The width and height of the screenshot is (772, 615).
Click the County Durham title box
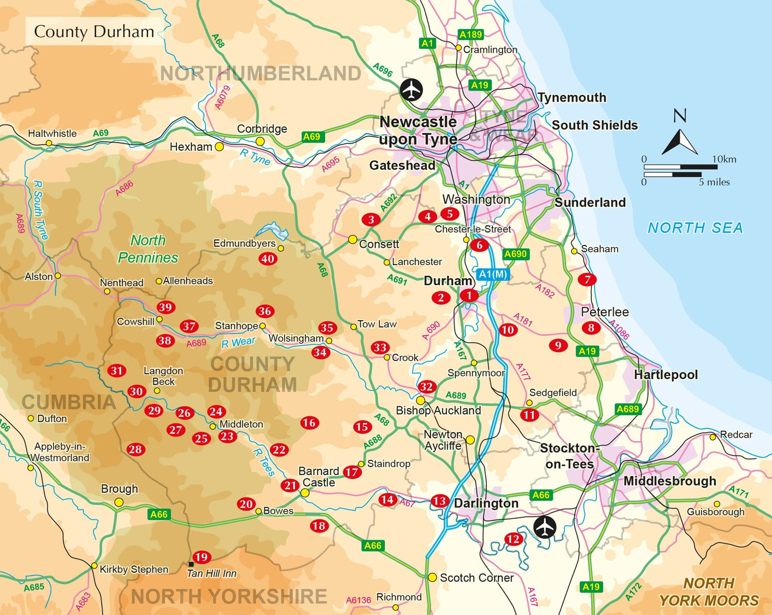pos(94,32)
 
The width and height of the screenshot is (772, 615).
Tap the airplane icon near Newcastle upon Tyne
pos(412,90)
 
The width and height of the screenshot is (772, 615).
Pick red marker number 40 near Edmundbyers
pos(268,259)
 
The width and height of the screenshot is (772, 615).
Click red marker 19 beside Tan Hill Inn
pos(201,557)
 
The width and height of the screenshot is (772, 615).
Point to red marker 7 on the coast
pos(587,279)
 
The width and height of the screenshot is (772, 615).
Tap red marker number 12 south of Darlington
pos(513,539)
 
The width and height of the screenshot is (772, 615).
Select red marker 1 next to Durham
pos(469,295)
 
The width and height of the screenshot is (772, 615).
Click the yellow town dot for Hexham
pos(219,147)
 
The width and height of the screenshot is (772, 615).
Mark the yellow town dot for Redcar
pos(713,437)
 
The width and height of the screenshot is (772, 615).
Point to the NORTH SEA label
pos(695,228)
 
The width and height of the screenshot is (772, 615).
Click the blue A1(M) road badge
pos(493,274)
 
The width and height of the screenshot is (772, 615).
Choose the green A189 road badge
pos(470,34)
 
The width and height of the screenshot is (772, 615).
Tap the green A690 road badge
pos(516,254)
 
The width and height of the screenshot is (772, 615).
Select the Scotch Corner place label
pos(477,577)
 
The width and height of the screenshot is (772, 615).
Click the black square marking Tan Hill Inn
pos(191,564)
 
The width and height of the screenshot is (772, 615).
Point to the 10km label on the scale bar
pos(724,159)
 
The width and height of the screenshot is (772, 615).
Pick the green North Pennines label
pos(148,249)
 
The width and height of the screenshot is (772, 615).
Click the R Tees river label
pos(264,462)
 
